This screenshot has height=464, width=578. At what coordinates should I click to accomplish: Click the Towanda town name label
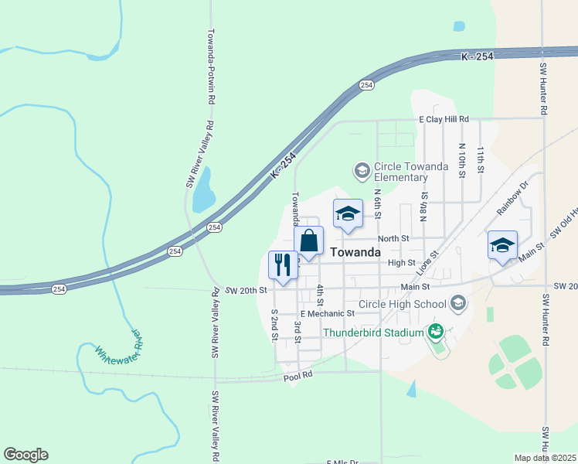(x=355, y=253)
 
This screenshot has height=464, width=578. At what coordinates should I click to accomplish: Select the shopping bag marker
(x=308, y=241)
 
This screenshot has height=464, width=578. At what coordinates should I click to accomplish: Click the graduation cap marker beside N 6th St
(x=348, y=213)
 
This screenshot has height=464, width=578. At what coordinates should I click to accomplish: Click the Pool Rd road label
(x=297, y=374)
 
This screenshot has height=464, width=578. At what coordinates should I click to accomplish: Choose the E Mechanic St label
(x=327, y=313)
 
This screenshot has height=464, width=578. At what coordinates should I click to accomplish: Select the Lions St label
(x=427, y=263)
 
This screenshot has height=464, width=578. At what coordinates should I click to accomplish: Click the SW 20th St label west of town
(x=247, y=290)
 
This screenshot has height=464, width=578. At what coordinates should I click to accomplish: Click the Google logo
(x=26, y=455)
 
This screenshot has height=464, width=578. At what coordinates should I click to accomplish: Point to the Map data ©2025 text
(x=545, y=458)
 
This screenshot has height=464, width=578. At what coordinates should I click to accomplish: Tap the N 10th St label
(x=461, y=160)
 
